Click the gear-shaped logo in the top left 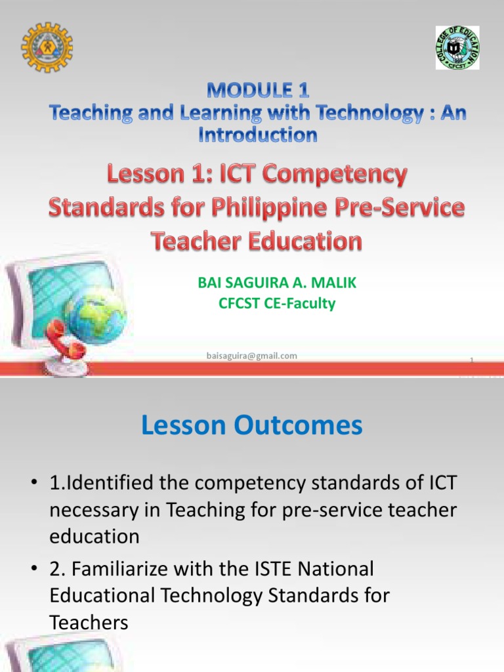pyautogui.click(x=47, y=47)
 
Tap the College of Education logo pyautogui.click(x=457, y=48)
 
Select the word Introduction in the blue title pyautogui.click(x=257, y=135)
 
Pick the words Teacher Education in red pyautogui.click(x=257, y=241)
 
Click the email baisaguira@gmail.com pyautogui.click(x=251, y=356)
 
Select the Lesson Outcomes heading pyautogui.click(x=251, y=426)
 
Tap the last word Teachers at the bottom pyautogui.click(x=89, y=622)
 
